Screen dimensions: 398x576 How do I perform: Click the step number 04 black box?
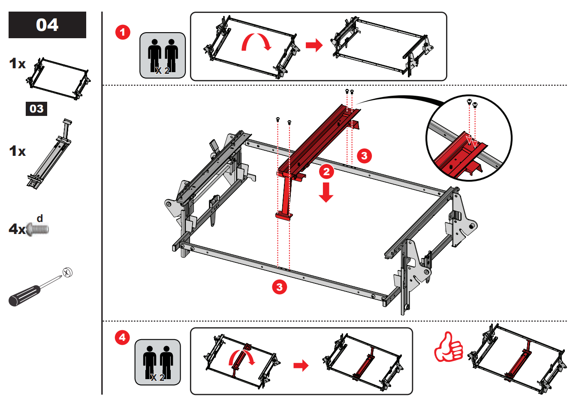click(x=47, y=25)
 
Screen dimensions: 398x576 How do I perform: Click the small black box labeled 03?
click(x=36, y=109)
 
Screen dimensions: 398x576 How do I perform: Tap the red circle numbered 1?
click(x=123, y=32)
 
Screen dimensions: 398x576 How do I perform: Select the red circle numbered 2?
click(x=326, y=172)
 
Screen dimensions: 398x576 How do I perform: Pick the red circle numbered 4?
click(x=122, y=337)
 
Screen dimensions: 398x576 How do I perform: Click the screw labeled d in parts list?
click(x=38, y=229)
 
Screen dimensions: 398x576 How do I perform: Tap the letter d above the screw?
click(x=40, y=219)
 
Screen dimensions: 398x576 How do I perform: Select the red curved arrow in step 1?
click(x=256, y=42)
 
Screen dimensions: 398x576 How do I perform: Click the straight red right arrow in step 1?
click(x=314, y=45)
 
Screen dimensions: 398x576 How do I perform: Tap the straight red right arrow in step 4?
click(x=301, y=366)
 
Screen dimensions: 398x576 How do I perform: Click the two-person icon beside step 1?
click(x=163, y=55)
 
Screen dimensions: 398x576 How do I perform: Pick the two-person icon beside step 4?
click(x=157, y=362)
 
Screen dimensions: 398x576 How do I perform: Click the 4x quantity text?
click(x=17, y=229)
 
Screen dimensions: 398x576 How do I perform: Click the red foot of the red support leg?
click(x=284, y=216)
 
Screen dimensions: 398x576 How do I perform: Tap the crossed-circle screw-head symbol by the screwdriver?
click(x=67, y=272)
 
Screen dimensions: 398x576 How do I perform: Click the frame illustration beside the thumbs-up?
click(x=517, y=359)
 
